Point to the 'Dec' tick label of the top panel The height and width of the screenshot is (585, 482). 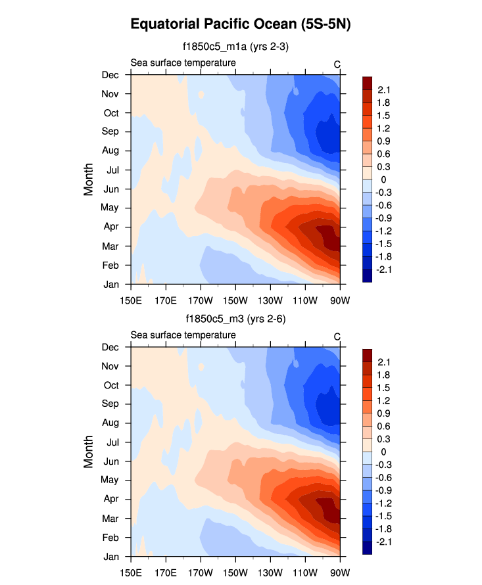click(110, 75)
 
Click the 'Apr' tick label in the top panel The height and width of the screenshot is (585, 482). click(110, 227)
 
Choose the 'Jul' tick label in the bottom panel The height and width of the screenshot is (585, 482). click(111, 442)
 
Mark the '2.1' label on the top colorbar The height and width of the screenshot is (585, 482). click(383, 90)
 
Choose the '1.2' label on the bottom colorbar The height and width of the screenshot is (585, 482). click(383, 400)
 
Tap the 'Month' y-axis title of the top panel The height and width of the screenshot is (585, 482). click(89, 179)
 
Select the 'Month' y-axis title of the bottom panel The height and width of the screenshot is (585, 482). click(89, 452)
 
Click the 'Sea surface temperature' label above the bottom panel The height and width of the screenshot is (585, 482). click(183, 335)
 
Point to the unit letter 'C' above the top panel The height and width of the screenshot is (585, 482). click(337, 64)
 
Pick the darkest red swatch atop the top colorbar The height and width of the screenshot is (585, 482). click(368, 82)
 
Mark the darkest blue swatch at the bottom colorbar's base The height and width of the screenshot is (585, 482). click(368, 548)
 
